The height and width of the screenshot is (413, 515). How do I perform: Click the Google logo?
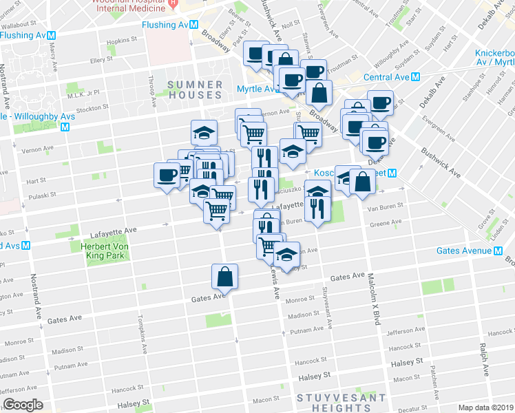pos(23,405)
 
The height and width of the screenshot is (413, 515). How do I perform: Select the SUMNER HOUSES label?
pos(196,90)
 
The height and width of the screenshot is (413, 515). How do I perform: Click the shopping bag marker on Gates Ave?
pos(225,277)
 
